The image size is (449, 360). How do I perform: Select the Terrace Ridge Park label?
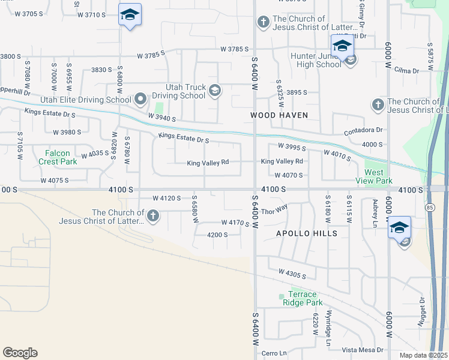pos(302,298)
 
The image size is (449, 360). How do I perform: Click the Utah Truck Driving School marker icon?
pos(214,91)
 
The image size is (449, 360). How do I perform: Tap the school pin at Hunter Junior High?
pos(342,46)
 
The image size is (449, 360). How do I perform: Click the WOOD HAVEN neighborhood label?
pos(279,115)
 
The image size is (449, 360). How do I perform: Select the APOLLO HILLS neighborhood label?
pos(306,233)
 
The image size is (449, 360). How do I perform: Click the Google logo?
pos(20,353)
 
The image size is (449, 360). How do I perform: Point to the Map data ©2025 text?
pos(423,355)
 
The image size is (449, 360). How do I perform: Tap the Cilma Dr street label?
pos(407,71)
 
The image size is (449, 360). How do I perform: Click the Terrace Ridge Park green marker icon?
pos(282,296)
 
